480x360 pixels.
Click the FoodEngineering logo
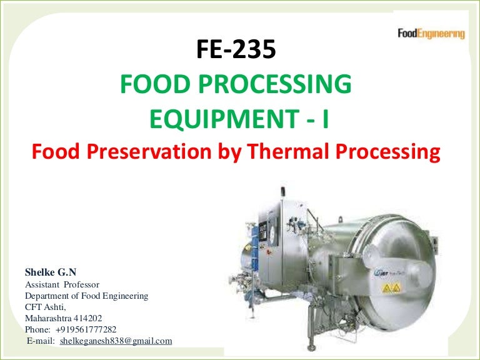[x=431, y=33]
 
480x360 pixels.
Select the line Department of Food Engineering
[x=86, y=296]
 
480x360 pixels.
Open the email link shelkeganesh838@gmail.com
[x=116, y=341]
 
